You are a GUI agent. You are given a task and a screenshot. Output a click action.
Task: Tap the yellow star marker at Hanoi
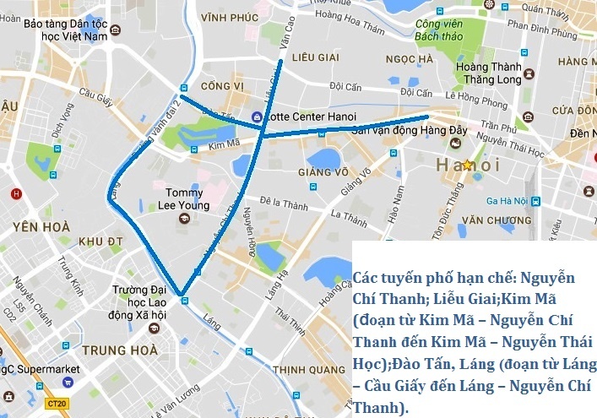[x=468, y=165]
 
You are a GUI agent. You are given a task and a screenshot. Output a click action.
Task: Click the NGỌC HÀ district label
[x=409, y=59]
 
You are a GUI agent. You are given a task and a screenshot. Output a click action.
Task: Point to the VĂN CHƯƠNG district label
[x=495, y=220]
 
